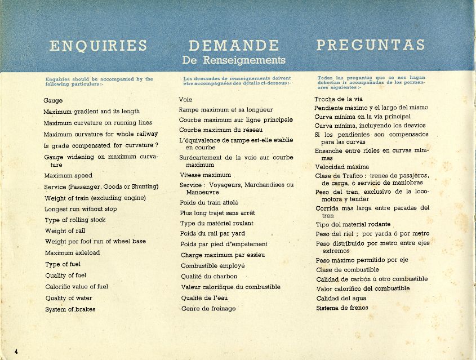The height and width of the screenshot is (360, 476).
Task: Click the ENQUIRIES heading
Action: pos(99,46)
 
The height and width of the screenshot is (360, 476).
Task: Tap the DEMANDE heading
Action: pos(234,46)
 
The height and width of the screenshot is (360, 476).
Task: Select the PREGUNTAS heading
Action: pos(370,45)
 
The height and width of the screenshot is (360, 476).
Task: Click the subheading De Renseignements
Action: pos(234,60)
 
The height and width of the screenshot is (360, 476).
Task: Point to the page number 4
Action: pos(16,352)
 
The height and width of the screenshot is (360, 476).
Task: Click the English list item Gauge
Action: pos(53,100)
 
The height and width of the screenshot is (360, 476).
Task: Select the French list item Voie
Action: pos(186,100)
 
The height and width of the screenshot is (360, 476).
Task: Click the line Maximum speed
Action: pos(68,176)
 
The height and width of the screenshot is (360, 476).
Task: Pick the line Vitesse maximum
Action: pos(205,175)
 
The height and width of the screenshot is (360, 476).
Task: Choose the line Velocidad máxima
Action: pos(342,167)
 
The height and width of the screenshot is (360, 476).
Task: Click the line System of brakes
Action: pos(70,309)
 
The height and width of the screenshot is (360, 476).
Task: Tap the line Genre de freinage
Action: pos(208,309)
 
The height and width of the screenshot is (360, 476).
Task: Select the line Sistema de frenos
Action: pos(342,308)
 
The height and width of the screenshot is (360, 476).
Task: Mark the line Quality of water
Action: pos(69,298)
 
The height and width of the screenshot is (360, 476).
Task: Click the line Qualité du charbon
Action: pos(209,277)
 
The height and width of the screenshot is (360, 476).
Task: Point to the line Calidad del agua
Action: pos(341,299)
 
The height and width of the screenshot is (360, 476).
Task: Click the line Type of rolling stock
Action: pos(75,220)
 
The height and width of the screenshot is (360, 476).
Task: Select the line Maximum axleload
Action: pos(73,253)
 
